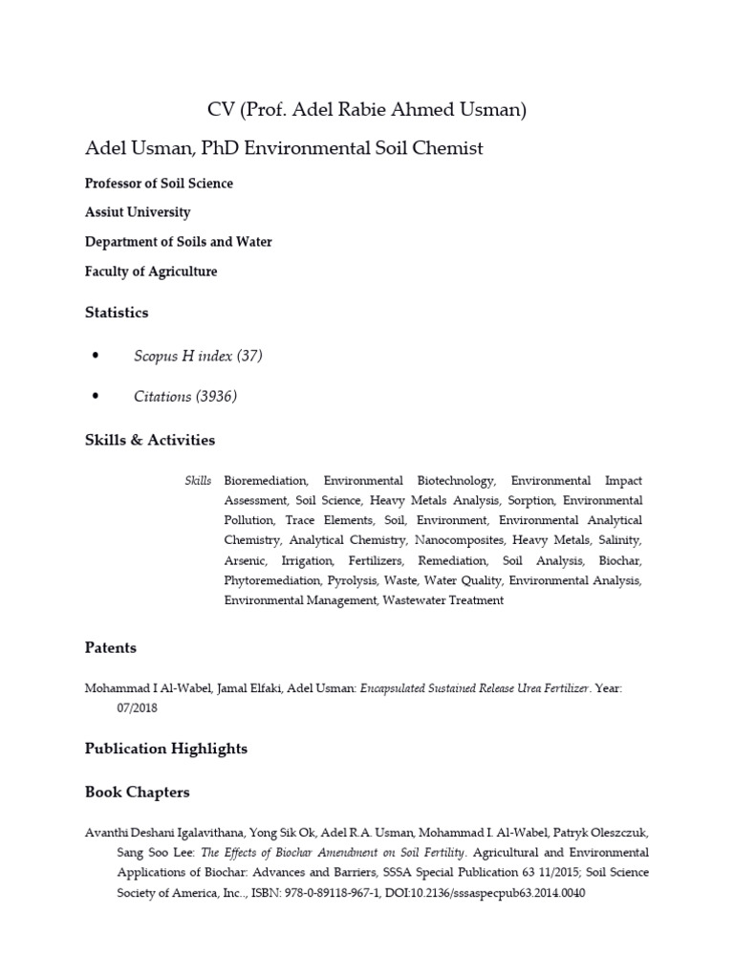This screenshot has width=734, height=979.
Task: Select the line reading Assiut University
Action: (x=138, y=212)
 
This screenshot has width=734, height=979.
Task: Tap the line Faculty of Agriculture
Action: (x=151, y=272)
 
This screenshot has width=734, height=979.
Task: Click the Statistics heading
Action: (x=117, y=313)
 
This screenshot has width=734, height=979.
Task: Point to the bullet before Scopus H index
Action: (x=95, y=357)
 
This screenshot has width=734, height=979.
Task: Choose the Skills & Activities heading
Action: (x=150, y=441)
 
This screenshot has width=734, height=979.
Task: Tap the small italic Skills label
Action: (x=198, y=480)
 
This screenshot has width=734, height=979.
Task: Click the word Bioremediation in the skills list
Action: (x=266, y=480)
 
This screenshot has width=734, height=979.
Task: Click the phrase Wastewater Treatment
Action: (x=443, y=600)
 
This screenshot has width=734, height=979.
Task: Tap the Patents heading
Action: (x=111, y=648)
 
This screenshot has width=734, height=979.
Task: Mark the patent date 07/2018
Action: (x=138, y=708)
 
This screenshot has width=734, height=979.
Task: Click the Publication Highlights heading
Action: (x=166, y=750)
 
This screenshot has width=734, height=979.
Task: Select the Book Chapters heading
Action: (x=138, y=793)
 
